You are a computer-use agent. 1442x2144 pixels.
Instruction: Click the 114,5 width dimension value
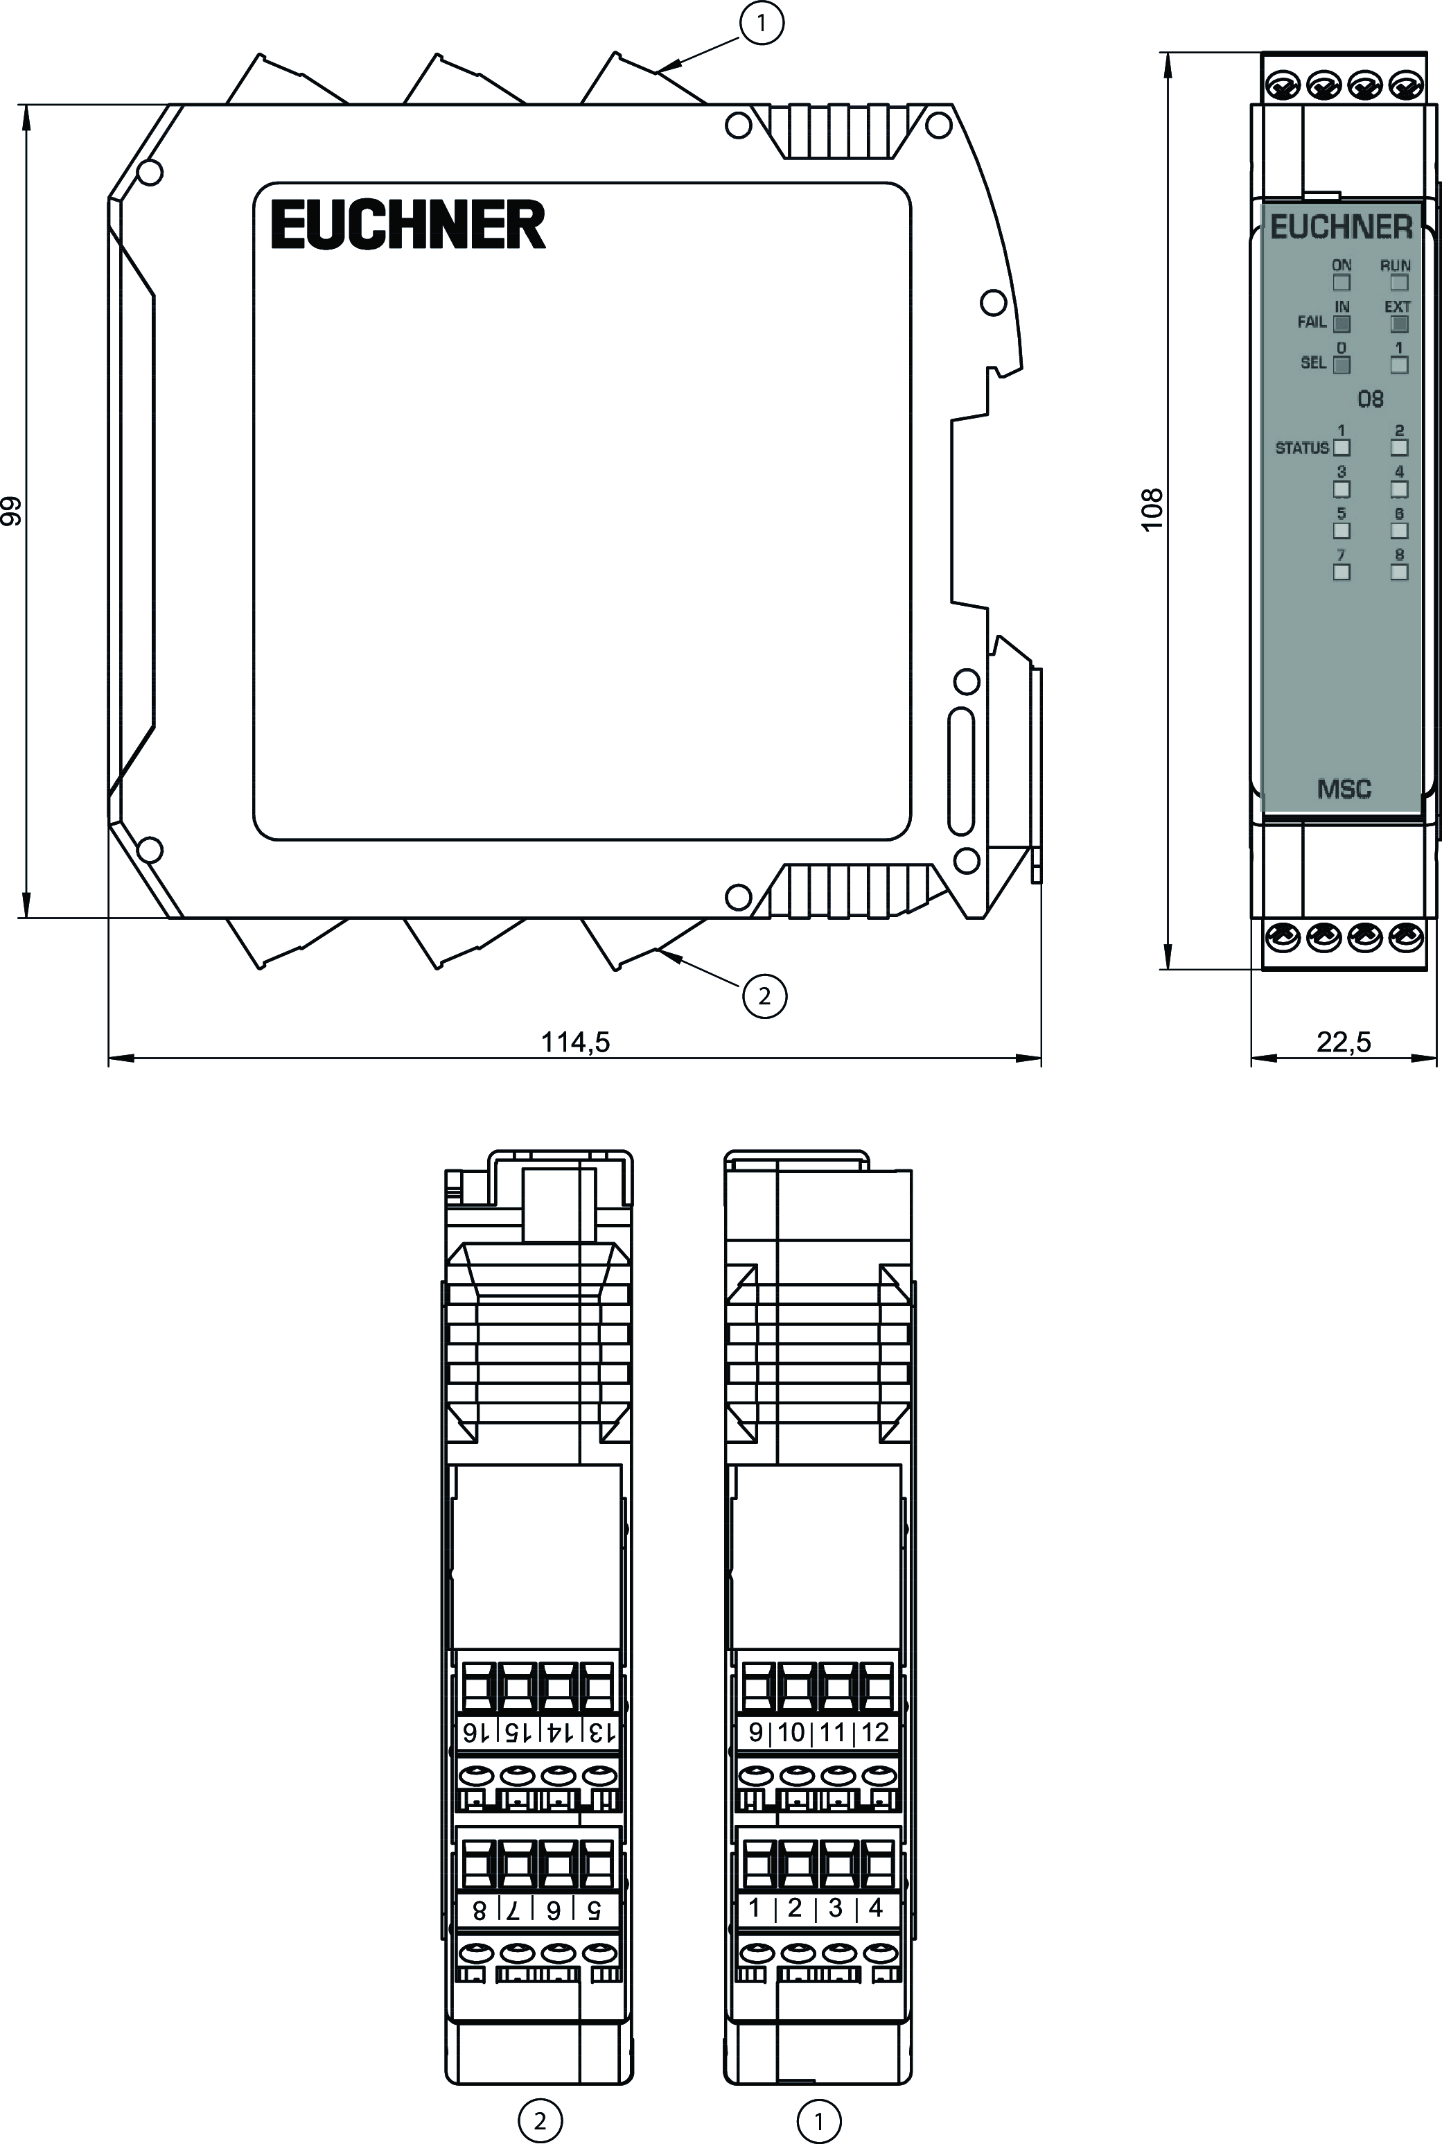576,1041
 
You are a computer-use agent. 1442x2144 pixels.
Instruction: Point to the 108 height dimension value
1152,509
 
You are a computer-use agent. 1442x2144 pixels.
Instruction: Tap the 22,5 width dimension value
1344,1041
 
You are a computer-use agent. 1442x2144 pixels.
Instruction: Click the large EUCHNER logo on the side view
407,225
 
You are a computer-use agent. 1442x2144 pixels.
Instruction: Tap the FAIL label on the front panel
1312,322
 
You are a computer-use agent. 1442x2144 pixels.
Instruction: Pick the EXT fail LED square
1399,324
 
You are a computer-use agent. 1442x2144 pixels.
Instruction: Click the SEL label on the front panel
1313,363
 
